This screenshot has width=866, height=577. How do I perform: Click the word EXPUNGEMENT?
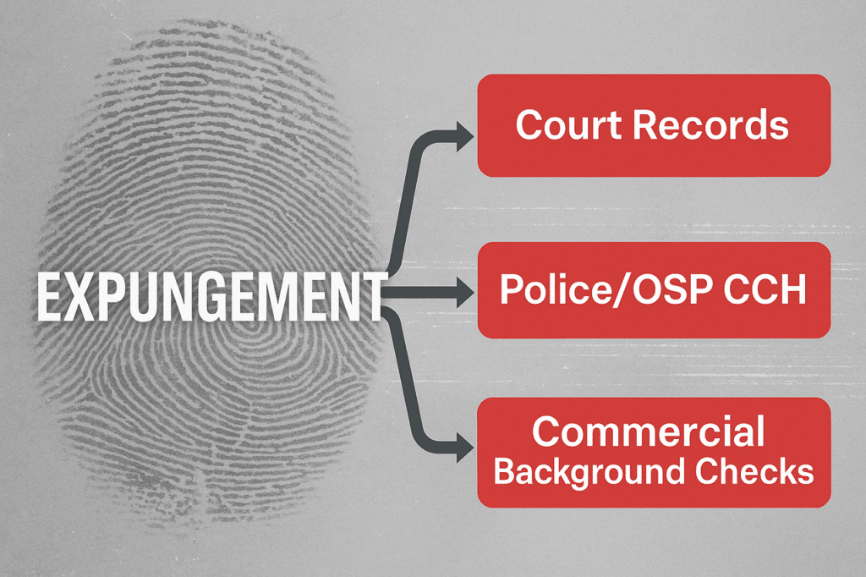pyautogui.click(x=211, y=297)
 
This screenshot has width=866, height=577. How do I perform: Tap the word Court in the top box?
pyautogui.click(x=569, y=124)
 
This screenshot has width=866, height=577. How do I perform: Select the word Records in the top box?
pyautogui.click(x=710, y=124)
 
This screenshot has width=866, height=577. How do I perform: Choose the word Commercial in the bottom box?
pyautogui.click(x=649, y=431)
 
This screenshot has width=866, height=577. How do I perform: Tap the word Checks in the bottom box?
pyautogui.click(x=754, y=471)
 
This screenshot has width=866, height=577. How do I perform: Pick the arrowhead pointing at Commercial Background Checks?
pyautogui.click(x=464, y=448)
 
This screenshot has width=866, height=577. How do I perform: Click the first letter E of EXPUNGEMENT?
pyautogui.click(x=48, y=297)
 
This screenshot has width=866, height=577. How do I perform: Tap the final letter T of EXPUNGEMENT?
pyautogui.click(x=375, y=297)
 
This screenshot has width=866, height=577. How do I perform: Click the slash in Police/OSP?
pyautogui.click(x=622, y=290)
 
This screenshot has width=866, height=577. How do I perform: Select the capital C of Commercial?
pyautogui.click(x=546, y=431)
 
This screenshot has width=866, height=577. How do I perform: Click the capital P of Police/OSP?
pyautogui.click(x=511, y=289)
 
